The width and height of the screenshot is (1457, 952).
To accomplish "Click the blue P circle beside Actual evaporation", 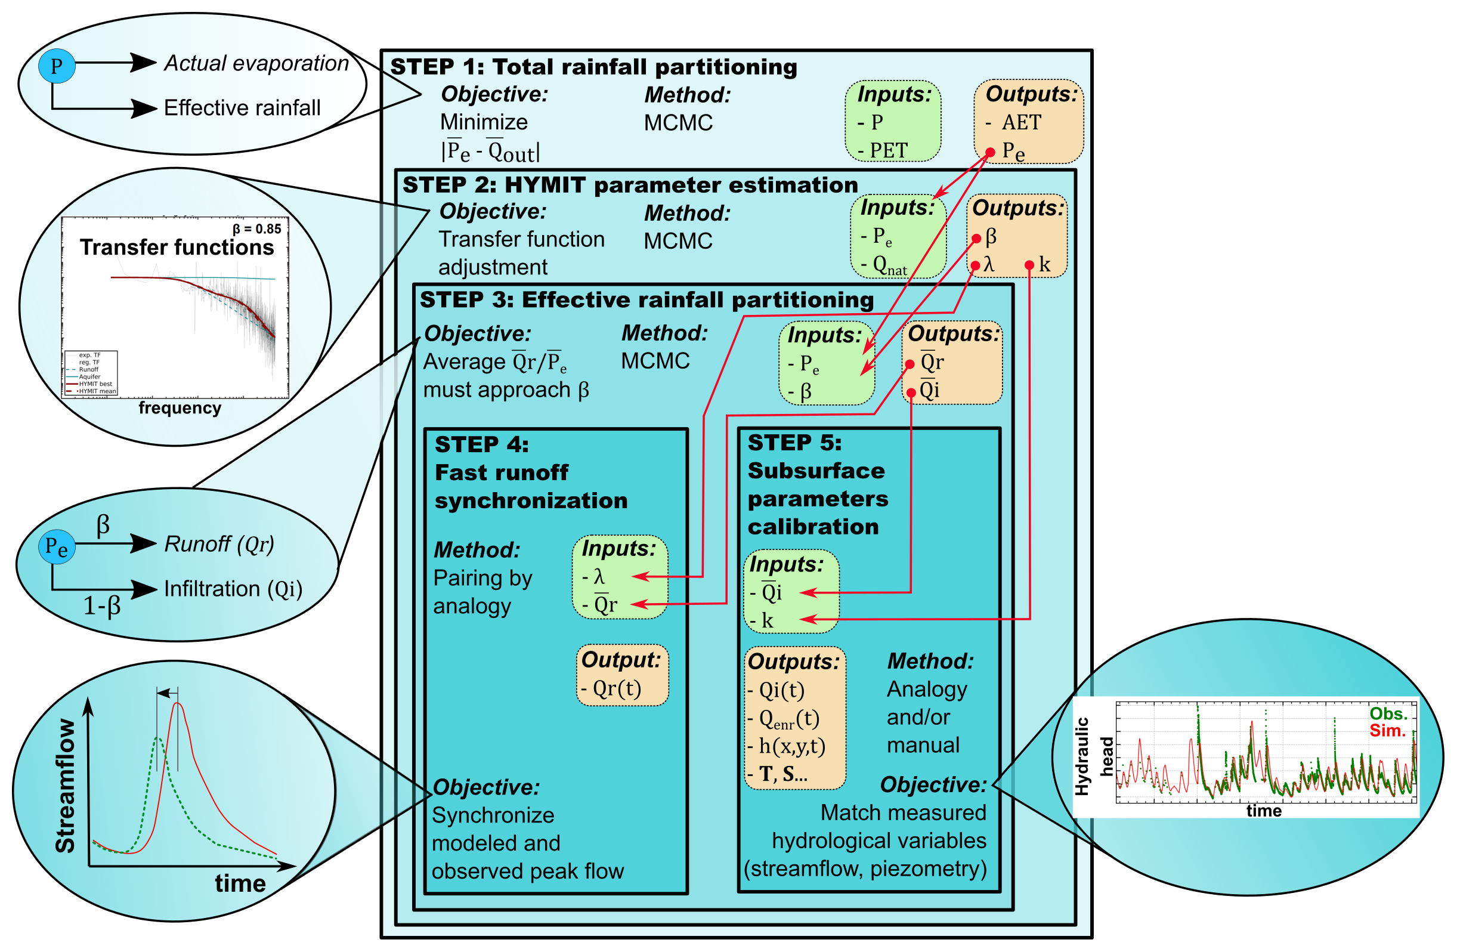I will [x=56, y=66].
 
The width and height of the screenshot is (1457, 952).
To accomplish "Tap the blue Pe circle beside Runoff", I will [x=57, y=547].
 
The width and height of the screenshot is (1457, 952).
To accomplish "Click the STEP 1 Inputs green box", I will [x=893, y=121].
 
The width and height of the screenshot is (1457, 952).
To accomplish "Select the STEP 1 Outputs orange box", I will [x=1028, y=121].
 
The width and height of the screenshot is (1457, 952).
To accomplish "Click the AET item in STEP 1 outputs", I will [x=1020, y=122].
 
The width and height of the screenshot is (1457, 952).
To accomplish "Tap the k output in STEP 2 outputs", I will [x=1044, y=264].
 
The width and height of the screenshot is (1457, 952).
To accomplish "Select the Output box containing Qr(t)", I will [x=622, y=675].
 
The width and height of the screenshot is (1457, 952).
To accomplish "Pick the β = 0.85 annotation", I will [x=256, y=229].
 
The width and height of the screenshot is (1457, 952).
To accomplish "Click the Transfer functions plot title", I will [x=177, y=248].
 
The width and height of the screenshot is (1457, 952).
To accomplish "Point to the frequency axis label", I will [x=180, y=408].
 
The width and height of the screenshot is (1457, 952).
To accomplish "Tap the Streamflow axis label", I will [x=66, y=786].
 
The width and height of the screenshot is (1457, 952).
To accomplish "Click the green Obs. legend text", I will [x=1388, y=714].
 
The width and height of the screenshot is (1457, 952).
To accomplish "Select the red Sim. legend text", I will [x=1388, y=731].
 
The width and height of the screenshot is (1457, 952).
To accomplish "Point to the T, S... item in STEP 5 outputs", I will [x=784, y=774].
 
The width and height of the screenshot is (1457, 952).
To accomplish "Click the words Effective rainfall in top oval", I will [x=242, y=109].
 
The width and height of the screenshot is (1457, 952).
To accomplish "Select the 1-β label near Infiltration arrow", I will [x=102, y=606].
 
